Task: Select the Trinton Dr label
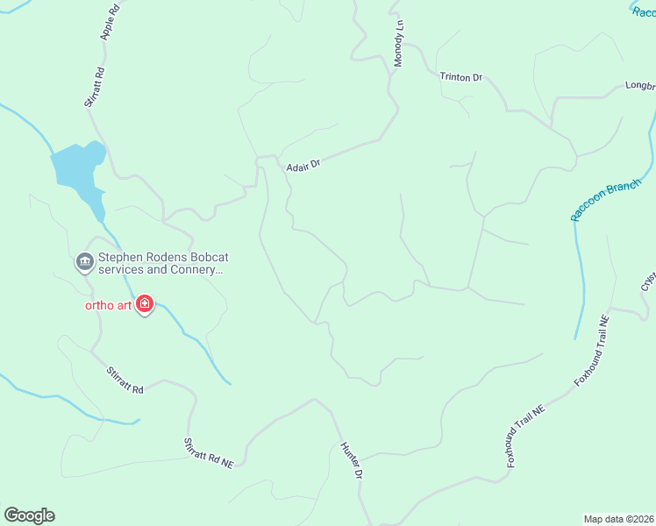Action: pos(461,77)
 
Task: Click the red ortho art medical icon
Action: pos(145,306)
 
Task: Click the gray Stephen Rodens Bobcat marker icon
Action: pos(84,260)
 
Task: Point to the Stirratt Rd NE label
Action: pos(209,452)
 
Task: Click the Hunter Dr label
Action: pos(351,459)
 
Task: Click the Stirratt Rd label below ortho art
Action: pos(125,380)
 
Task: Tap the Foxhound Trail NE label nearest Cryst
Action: pos(592,351)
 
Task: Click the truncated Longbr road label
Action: pos(639,87)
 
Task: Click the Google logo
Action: pos(29,515)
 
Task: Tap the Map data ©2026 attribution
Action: pos(618,518)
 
